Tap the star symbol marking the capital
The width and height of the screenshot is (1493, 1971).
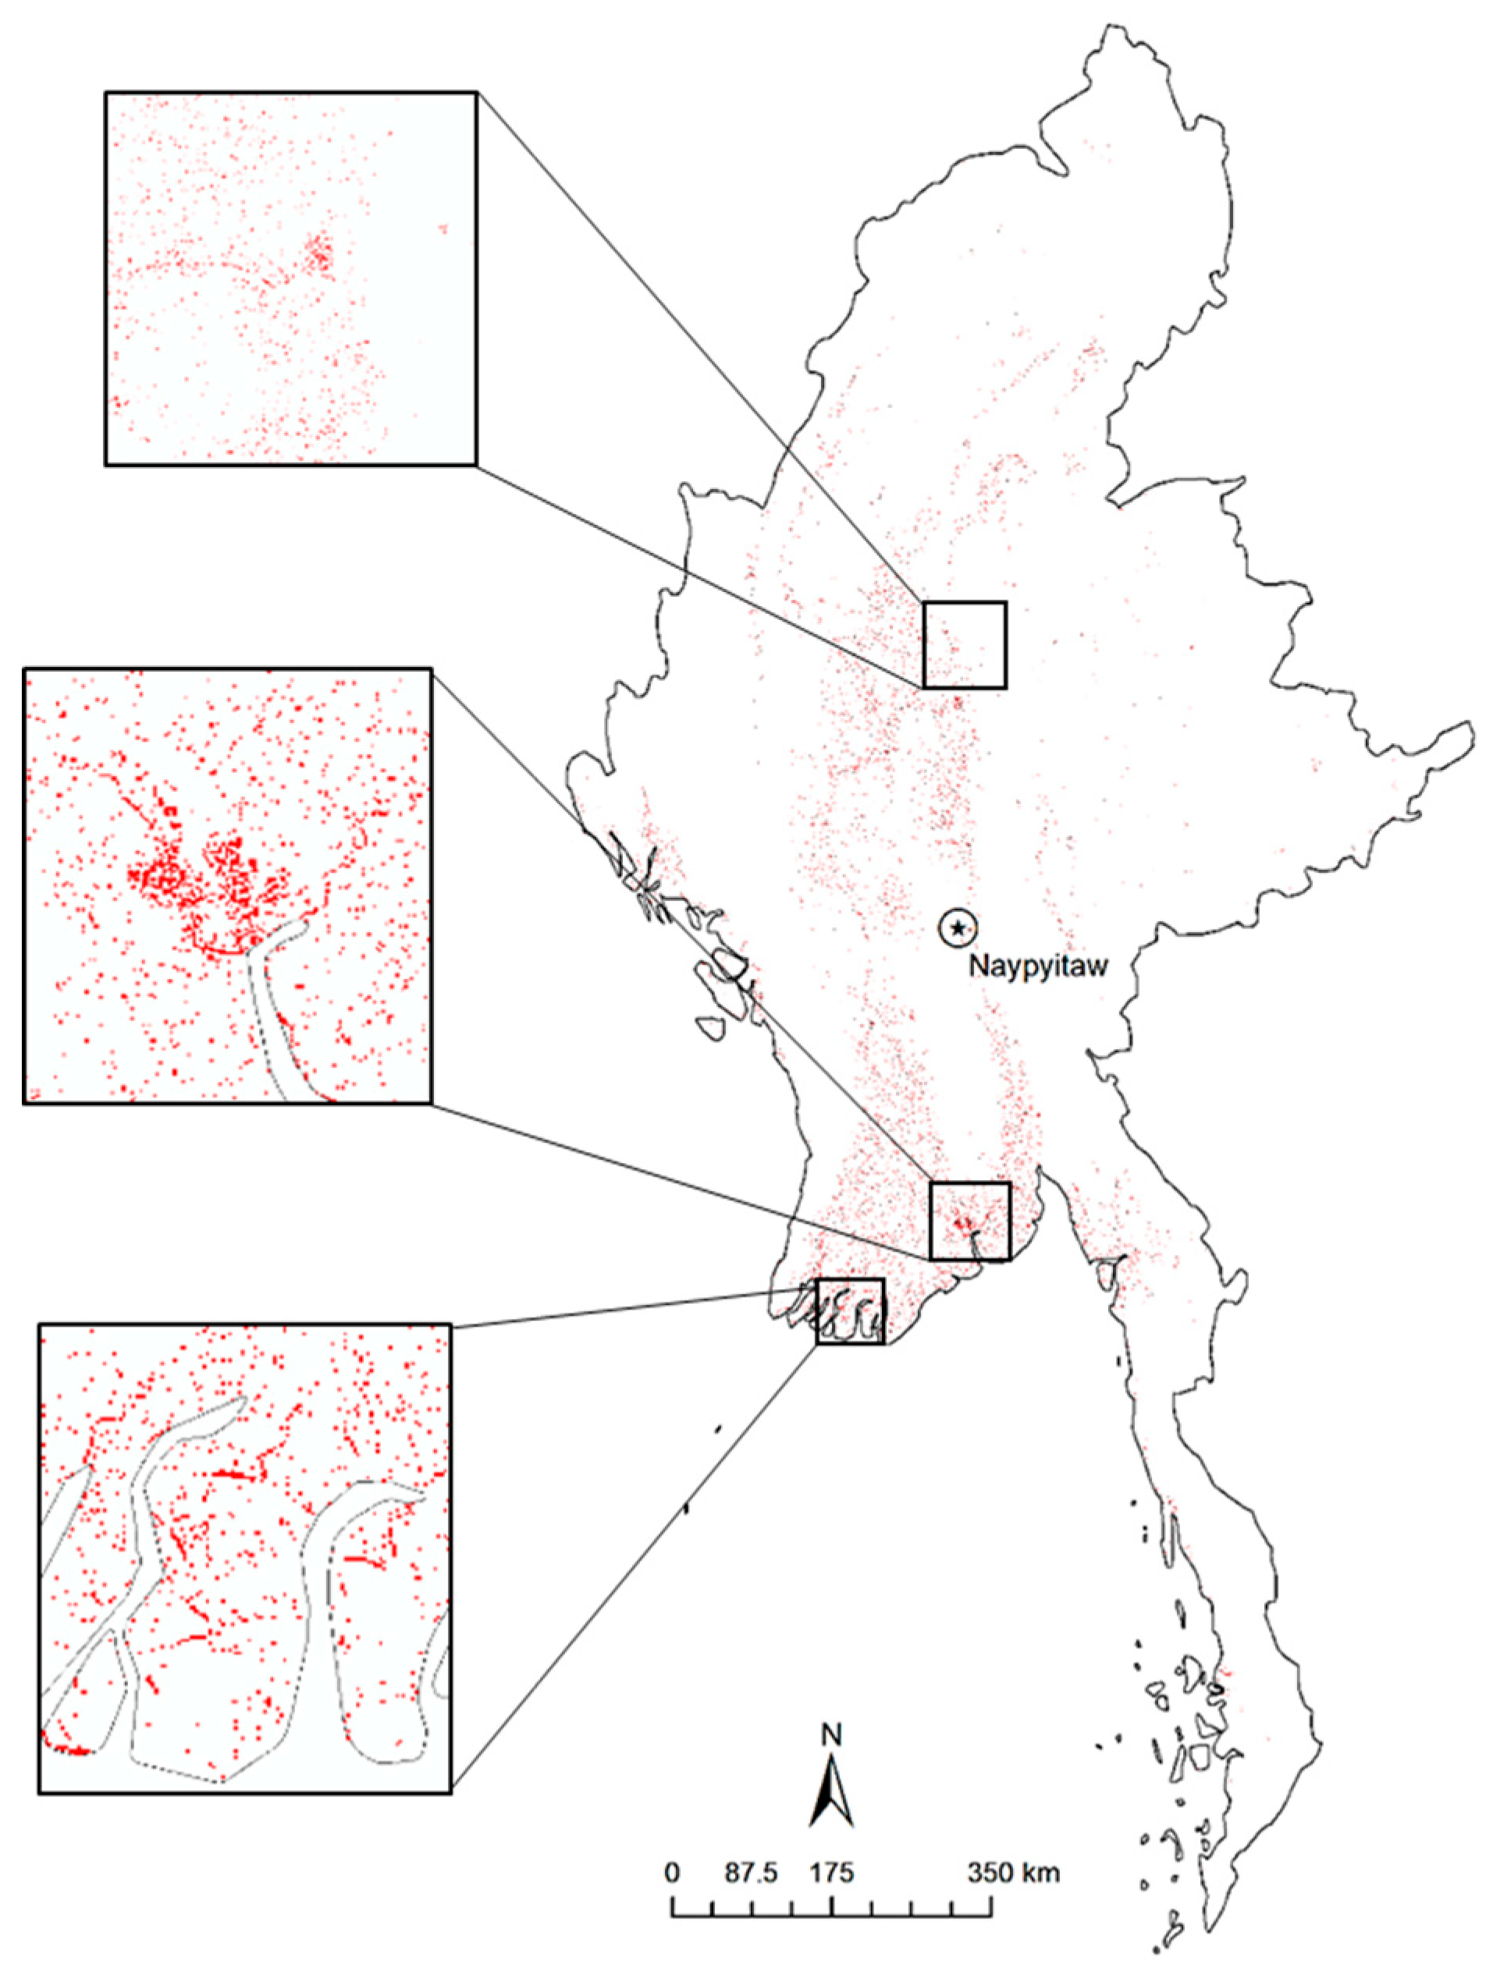pyautogui.click(x=958, y=928)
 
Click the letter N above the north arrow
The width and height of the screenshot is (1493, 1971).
pyautogui.click(x=832, y=1734)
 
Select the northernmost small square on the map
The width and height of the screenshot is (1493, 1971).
pyautogui.click(x=965, y=644)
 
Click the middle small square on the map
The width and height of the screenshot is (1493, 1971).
pyautogui.click(x=970, y=1221)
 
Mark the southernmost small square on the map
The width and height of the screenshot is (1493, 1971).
pyautogui.click(x=851, y=1310)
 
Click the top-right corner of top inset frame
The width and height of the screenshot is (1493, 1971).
pyautogui.click(x=476, y=92)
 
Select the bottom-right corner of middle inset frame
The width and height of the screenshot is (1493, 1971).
pyautogui.click(x=432, y=1104)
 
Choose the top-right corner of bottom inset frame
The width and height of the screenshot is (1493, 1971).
pyautogui.click(x=451, y=1325)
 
